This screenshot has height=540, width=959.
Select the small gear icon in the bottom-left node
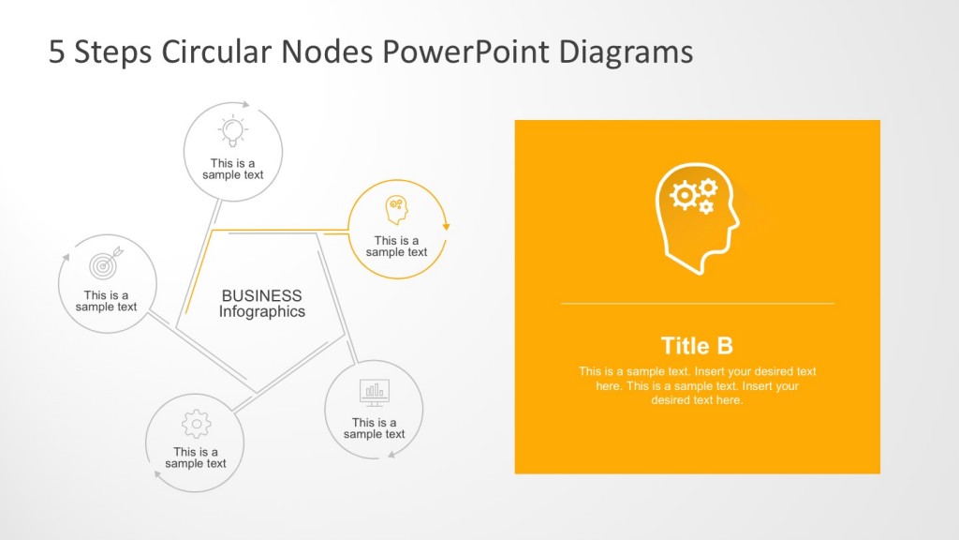pos(196,425)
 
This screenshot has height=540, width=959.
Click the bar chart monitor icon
pos(375,392)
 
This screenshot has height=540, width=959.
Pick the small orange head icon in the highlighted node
pos(397,210)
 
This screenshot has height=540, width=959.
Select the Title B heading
pos(697,345)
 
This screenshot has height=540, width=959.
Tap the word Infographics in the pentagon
pos(261,312)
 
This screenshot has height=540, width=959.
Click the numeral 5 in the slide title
pos(57,52)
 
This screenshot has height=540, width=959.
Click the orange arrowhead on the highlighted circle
pos(447,225)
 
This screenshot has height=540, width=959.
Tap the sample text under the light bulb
pos(232,170)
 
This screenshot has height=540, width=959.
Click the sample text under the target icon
pos(106,301)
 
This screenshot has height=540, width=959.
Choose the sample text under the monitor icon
pos(374,428)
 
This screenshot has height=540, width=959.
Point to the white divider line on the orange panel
pos(697,304)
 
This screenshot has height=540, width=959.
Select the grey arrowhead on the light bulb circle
pos(246,105)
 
